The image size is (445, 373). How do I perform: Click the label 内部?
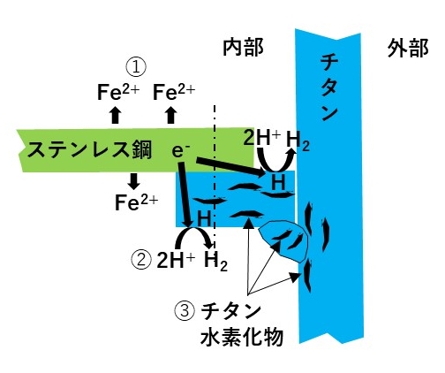click(243, 48)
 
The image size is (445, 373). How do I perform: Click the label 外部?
click(408, 48)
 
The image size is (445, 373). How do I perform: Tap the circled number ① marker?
click(136, 66)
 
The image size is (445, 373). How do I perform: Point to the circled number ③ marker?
click(185, 312)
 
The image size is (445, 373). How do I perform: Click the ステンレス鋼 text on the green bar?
click(89, 150)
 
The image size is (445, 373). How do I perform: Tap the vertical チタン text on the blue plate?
click(329, 88)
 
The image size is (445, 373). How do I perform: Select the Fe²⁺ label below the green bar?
click(136, 202)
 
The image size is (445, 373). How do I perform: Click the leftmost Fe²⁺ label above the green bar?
click(118, 92)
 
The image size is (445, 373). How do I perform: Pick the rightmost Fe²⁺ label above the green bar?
click(174, 92)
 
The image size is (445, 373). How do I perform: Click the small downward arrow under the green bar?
click(134, 181)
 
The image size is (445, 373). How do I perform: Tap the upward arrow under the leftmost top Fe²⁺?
click(116, 115)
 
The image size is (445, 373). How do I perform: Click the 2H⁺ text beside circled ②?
click(176, 260)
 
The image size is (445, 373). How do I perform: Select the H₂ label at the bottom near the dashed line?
click(215, 261)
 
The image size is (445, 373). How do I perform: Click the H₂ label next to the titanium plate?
click(298, 141)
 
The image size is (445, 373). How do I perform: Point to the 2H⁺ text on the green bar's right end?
click(262, 138)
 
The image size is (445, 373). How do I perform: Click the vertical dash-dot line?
click(215, 178)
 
